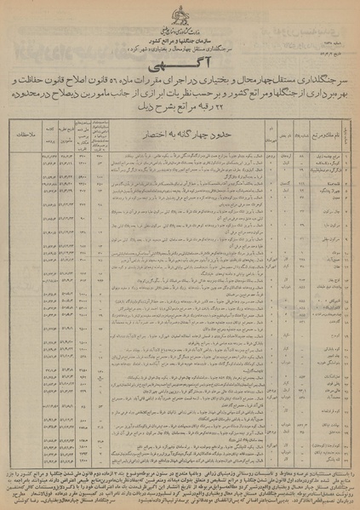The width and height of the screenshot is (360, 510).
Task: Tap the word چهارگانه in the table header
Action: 189,134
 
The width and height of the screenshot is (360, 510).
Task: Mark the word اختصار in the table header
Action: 151,134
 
